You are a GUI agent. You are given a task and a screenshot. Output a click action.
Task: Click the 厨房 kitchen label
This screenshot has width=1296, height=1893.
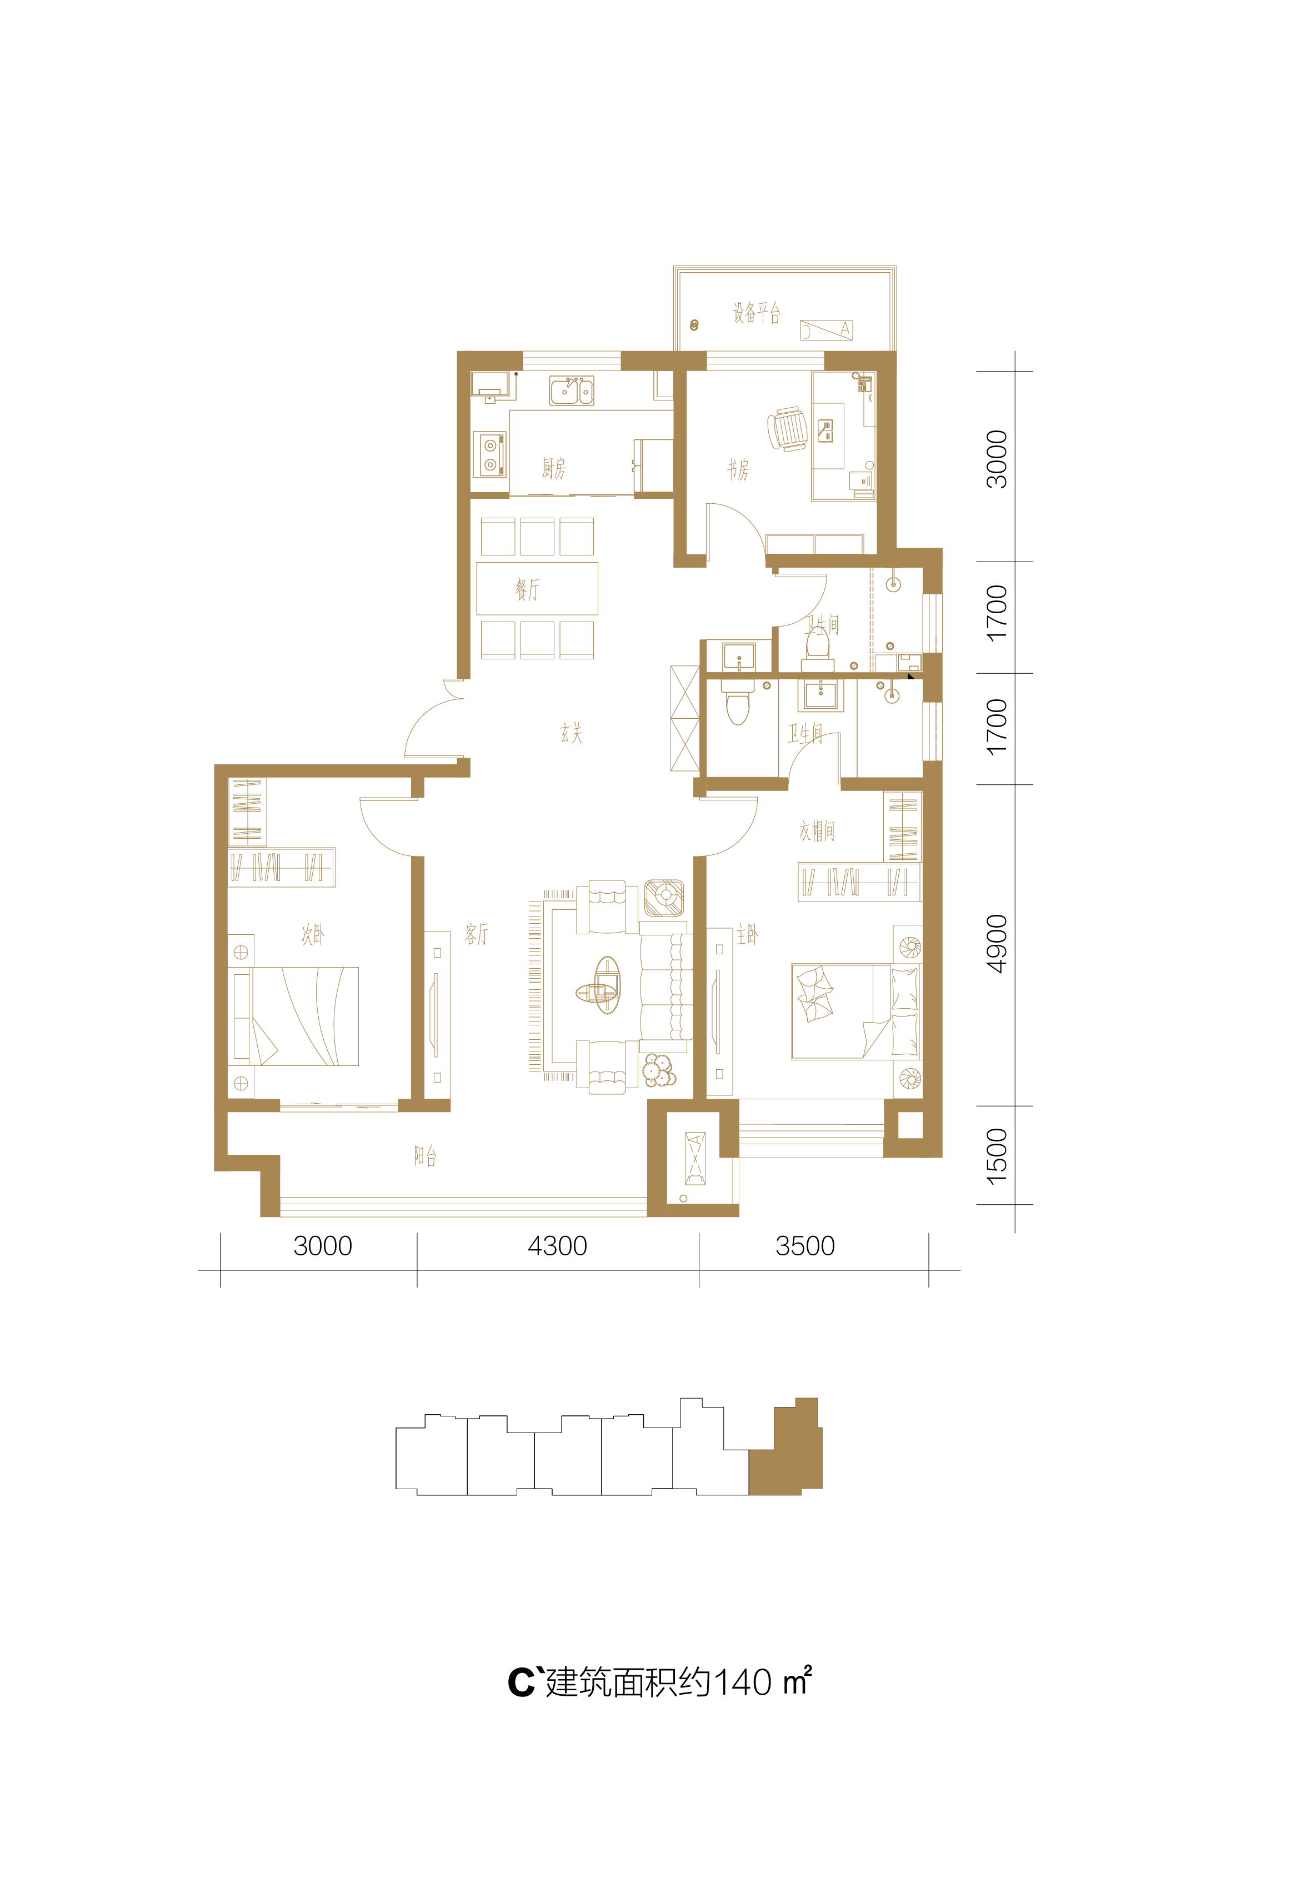554,468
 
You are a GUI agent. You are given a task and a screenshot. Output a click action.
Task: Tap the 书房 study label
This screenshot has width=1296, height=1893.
738,469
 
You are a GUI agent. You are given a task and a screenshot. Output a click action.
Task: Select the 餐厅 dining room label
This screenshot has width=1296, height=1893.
527,589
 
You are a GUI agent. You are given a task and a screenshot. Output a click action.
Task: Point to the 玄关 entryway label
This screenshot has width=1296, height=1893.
571,733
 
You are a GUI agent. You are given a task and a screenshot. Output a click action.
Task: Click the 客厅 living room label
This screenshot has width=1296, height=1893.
477,934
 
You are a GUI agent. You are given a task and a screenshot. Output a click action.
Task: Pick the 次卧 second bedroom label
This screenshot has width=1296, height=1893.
313,934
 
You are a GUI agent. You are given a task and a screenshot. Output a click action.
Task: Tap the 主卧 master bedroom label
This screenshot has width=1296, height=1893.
747,934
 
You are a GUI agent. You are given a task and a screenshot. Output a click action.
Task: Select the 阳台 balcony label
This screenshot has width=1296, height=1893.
425,1155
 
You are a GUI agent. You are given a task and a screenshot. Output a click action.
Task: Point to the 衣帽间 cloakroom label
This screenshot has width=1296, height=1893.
817,831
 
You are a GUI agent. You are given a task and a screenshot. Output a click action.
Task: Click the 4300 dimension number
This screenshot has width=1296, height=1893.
557,1246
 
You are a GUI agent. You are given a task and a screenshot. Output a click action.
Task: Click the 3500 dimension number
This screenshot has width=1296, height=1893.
805,1246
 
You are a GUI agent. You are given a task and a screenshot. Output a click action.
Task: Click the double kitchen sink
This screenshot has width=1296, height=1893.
571,391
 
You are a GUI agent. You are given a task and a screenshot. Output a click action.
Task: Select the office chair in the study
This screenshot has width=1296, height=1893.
787,428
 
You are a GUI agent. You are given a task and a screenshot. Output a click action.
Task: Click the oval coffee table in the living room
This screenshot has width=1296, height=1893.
606,985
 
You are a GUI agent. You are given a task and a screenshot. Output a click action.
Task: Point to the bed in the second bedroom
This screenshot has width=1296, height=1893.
297,1016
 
